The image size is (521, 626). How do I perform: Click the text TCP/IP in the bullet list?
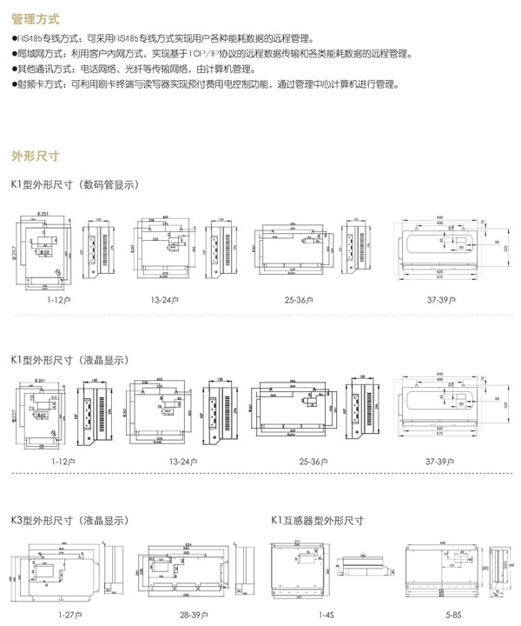(x=179, y=54)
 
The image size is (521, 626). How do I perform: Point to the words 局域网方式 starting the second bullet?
(x=37, y=54)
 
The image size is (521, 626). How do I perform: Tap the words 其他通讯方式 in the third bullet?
(x=41, y=69)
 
